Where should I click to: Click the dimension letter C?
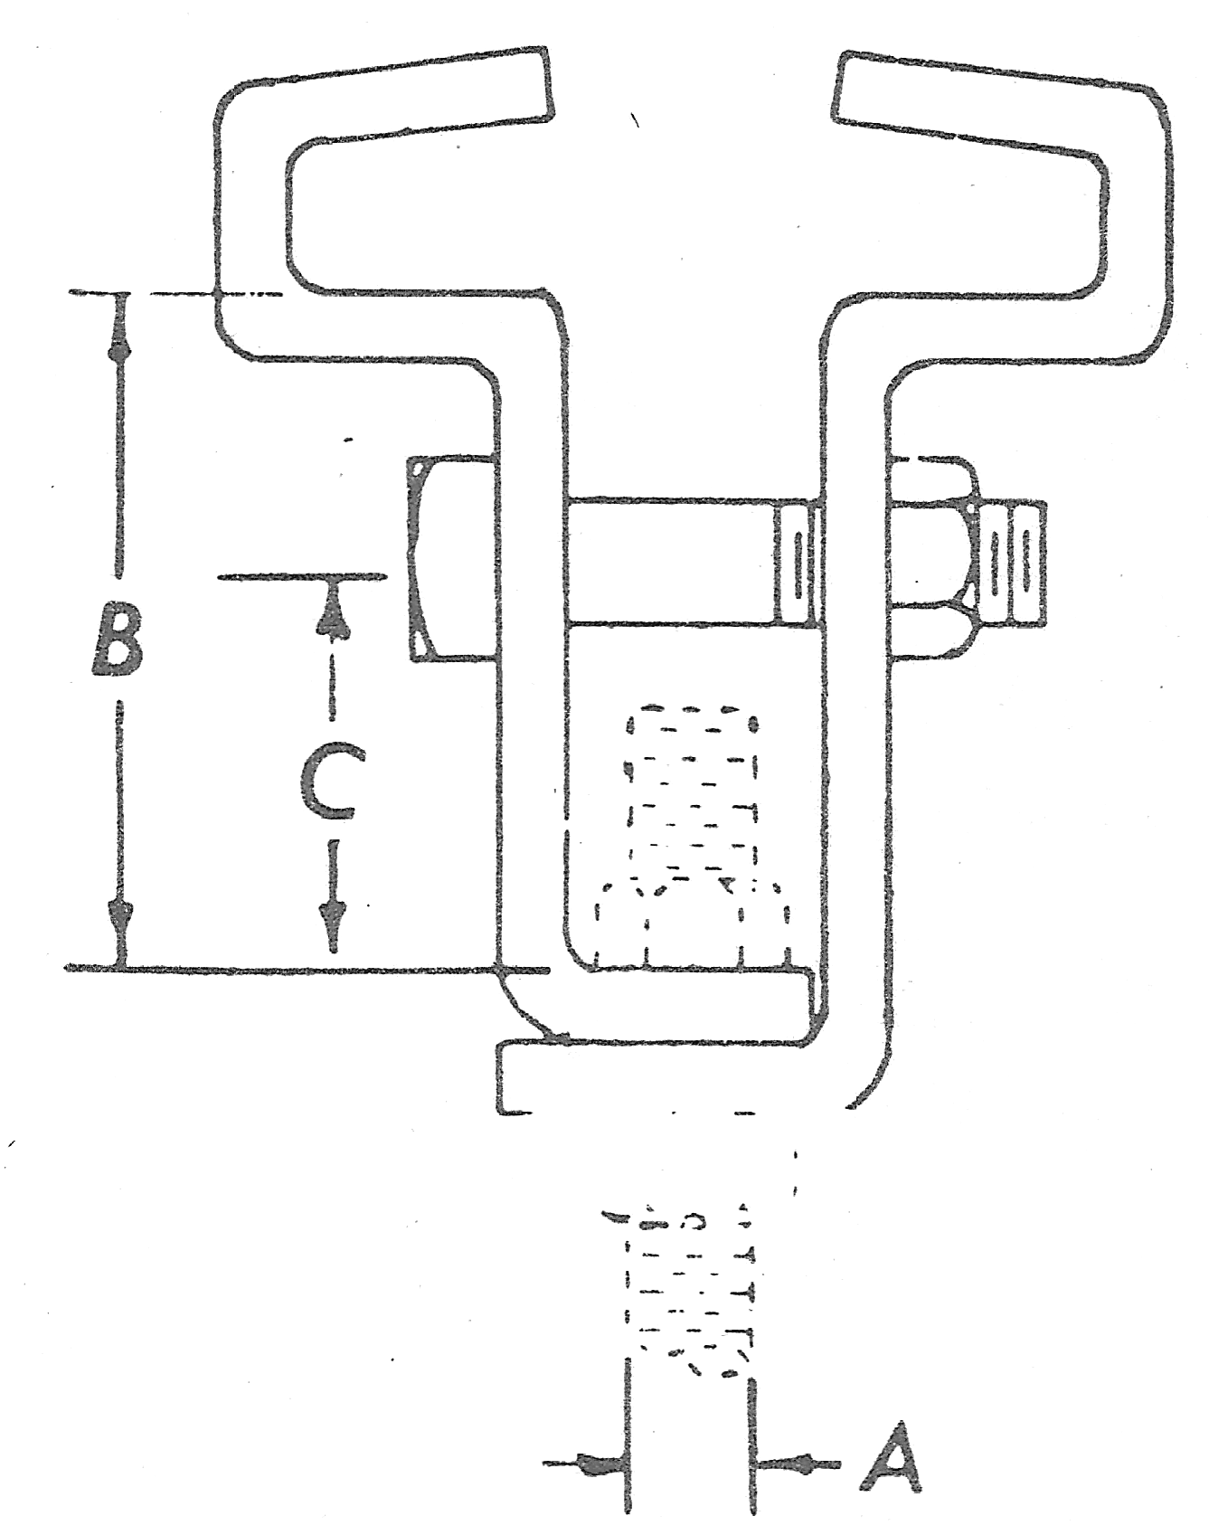click(331, 782)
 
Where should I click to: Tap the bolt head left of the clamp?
click(449, 558)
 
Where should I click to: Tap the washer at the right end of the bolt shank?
click(796, 561)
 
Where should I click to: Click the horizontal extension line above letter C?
click(303, 576)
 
